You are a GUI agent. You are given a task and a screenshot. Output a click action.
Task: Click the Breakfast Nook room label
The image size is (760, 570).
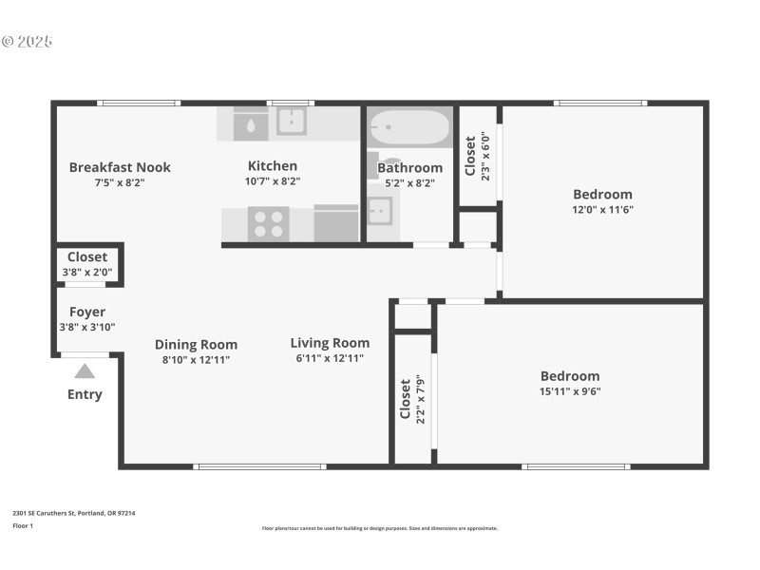click(120, 167)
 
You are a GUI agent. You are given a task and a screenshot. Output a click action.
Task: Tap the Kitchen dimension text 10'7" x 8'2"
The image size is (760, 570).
click(273, 182)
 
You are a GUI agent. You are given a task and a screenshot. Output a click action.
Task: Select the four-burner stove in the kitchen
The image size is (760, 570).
click(268, 224)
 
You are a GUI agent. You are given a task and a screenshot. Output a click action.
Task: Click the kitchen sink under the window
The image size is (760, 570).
click(291, 122)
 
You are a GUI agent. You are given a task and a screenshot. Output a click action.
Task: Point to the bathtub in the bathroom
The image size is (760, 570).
click(409, 127)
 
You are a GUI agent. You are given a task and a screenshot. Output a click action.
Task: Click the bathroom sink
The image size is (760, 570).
click(379, 210)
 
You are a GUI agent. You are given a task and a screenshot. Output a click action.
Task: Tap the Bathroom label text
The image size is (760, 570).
click(409, 168)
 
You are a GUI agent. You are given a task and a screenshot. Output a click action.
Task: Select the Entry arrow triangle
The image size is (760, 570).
click(85, 371)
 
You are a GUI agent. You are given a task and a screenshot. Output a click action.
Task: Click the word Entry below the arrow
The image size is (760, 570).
click(85, 394)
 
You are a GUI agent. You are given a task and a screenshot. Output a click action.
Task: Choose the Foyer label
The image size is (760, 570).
click(87, 312)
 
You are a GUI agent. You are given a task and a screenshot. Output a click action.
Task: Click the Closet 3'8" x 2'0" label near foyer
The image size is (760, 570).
click(87, 264)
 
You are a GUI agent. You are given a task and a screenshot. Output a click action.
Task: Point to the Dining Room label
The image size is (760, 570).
click(196, 345)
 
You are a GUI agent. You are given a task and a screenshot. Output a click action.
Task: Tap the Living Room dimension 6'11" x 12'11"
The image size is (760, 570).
click(330, 359)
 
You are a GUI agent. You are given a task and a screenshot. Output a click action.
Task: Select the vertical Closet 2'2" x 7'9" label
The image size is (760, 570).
click(411, 400)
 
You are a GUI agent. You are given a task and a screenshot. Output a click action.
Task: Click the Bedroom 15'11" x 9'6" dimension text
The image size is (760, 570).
click(570, 390)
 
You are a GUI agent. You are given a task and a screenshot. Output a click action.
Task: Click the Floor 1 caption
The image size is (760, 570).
click(23, 525)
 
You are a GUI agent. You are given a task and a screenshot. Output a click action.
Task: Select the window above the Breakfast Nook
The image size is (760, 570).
click(139, 103)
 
